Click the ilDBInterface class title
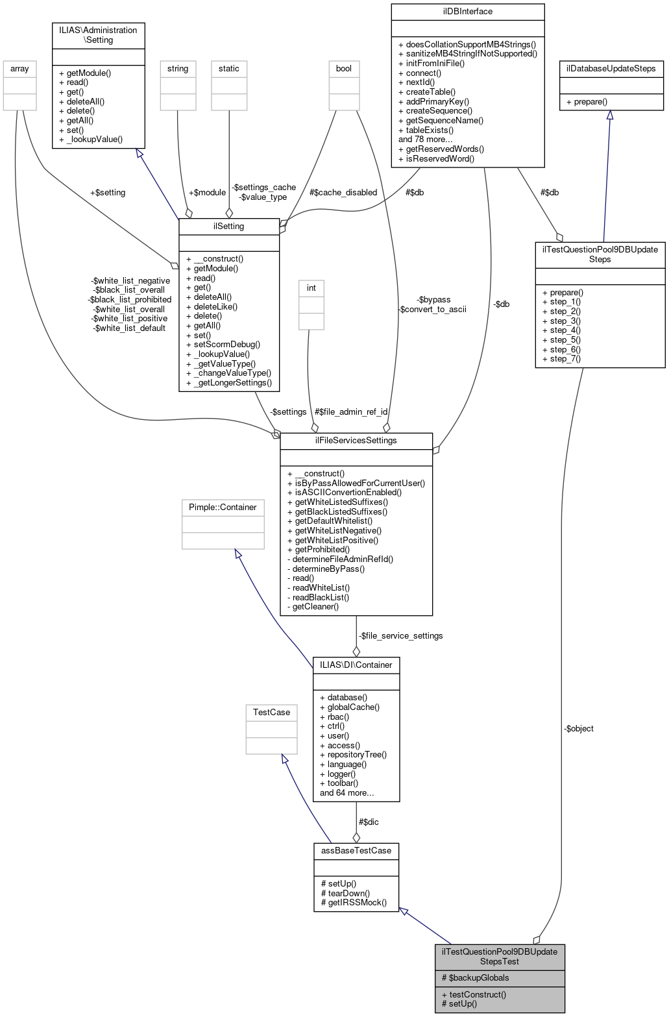467,12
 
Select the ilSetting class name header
228,227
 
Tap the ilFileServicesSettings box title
356,441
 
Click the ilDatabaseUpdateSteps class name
611,69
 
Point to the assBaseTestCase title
356,850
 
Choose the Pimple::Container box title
223,508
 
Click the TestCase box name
271,713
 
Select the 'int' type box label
311,288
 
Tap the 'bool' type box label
343,69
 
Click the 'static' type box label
228,69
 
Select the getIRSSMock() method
357,903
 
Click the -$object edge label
578,729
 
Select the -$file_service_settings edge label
401,636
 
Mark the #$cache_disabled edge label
343,193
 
